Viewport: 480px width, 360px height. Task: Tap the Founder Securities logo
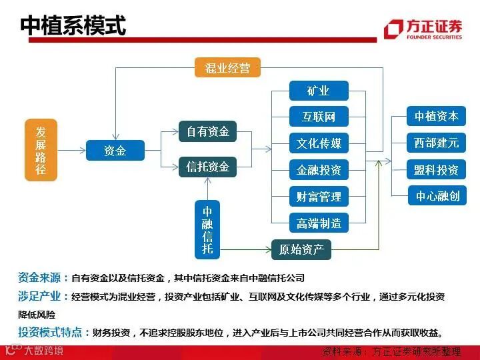pyautogui.click(x=423, y=29)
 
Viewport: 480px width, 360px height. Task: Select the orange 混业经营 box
pyautogui.click(x=227, y=67)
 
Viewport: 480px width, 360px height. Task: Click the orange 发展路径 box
pyautogui.click(x=41, y=150)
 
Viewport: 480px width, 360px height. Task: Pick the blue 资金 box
pyautogui.click(x=115, y=151)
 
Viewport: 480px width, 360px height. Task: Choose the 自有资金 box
pyautogui.click(x=207, y=131)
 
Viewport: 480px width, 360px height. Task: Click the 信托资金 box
pyautogui.click(x=207, y=167)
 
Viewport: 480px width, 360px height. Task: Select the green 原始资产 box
pyautogui.click(x=301, y=250)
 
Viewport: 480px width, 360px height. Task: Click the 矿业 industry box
pyautogui.click(x=319, y=91)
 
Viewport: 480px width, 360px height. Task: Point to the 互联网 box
pyautogui.click(x=319, y=117)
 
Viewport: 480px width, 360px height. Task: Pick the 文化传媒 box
pyautogui.click(x=319, y=143)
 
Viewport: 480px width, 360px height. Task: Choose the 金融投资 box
pyautogui.click(x=319, y=170)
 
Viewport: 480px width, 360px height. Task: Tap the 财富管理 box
pyautogui.click(x=319, y=197)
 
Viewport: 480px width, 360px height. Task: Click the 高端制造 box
pyautogui.click(x=319, y=223)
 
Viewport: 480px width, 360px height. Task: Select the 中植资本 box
pyautogui.click(x=437, y=116)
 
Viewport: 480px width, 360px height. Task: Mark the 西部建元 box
pyautogui.click(x=437, y=143)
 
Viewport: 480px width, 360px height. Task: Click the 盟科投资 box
pyautogui.click(x=437, y=169)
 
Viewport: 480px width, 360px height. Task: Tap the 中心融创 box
pyautogui.click(x=437, y=196)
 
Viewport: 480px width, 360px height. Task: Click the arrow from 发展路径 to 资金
pyautogui.click(x=71, y=151)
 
